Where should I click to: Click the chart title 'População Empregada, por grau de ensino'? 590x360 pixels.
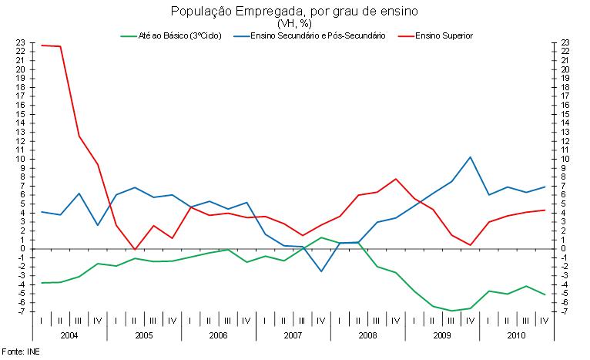(293, 12)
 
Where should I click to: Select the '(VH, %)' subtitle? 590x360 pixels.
(293, 24)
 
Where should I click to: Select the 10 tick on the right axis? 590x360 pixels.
(565, 159)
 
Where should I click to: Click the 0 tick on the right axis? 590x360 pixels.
(565, 248)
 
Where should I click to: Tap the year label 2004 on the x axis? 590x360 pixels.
(69, 336)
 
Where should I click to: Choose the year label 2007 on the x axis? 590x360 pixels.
(293, 336)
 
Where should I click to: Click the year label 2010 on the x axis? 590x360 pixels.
(516, 336)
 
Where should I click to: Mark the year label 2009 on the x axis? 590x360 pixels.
(441, 336)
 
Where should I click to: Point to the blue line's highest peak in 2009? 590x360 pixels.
(470, 157)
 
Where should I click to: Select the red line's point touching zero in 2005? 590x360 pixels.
(135, 249)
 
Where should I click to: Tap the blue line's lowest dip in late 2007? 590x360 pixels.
(321, 271)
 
